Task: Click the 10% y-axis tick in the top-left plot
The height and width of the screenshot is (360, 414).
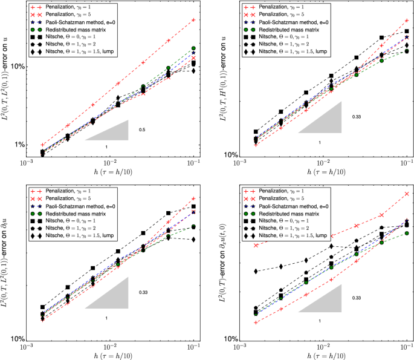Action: [13, 67]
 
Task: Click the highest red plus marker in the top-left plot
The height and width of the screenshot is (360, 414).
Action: [193, 20]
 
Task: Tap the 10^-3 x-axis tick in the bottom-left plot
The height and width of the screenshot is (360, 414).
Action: [26, 349]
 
